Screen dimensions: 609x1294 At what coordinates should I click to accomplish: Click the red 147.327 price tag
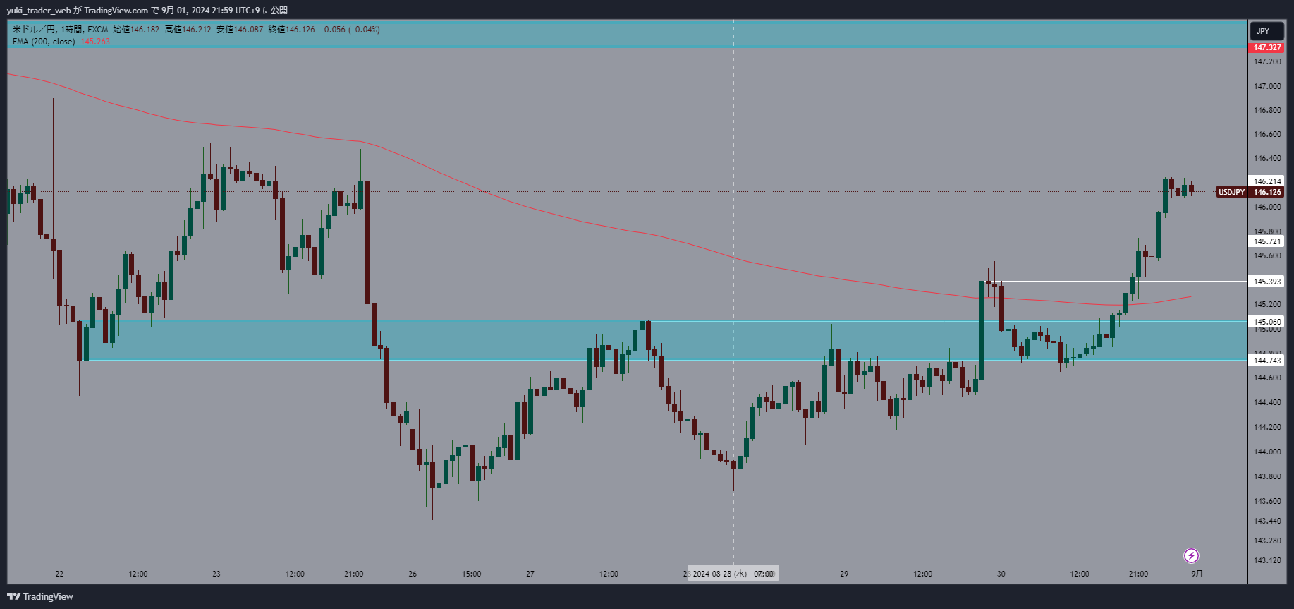coord(1266,47)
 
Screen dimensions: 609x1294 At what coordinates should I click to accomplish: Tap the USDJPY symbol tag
coord(1231,192)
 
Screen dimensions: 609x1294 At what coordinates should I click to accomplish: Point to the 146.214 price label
coord(1266,181)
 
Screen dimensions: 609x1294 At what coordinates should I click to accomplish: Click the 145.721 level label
coord(1266,241)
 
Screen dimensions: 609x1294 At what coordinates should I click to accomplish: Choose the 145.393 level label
coord(1266,282)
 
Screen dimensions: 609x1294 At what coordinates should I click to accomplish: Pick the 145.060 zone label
coord(1266,322)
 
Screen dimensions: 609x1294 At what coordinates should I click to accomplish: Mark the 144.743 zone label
coord(1266,361)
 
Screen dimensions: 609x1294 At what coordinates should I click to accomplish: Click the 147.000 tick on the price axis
coord(1266,86)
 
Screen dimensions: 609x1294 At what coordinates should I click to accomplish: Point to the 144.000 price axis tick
coord(1266,452)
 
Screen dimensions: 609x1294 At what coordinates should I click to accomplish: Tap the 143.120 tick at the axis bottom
coord(1266,560)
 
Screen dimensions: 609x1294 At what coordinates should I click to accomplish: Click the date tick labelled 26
coord(413,574)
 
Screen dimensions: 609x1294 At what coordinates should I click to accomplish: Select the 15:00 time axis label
coord(471,574)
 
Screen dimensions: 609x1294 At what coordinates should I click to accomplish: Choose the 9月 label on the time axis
coord(1197,574)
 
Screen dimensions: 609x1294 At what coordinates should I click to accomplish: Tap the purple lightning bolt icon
coord(1191,555)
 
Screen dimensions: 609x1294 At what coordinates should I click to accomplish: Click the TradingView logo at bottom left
coord(40,596)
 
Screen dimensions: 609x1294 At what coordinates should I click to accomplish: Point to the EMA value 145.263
coord(95,42)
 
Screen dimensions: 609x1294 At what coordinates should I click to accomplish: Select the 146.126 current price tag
coord(1266,192)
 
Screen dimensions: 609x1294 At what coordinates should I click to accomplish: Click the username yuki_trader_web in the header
coord(39,10)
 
